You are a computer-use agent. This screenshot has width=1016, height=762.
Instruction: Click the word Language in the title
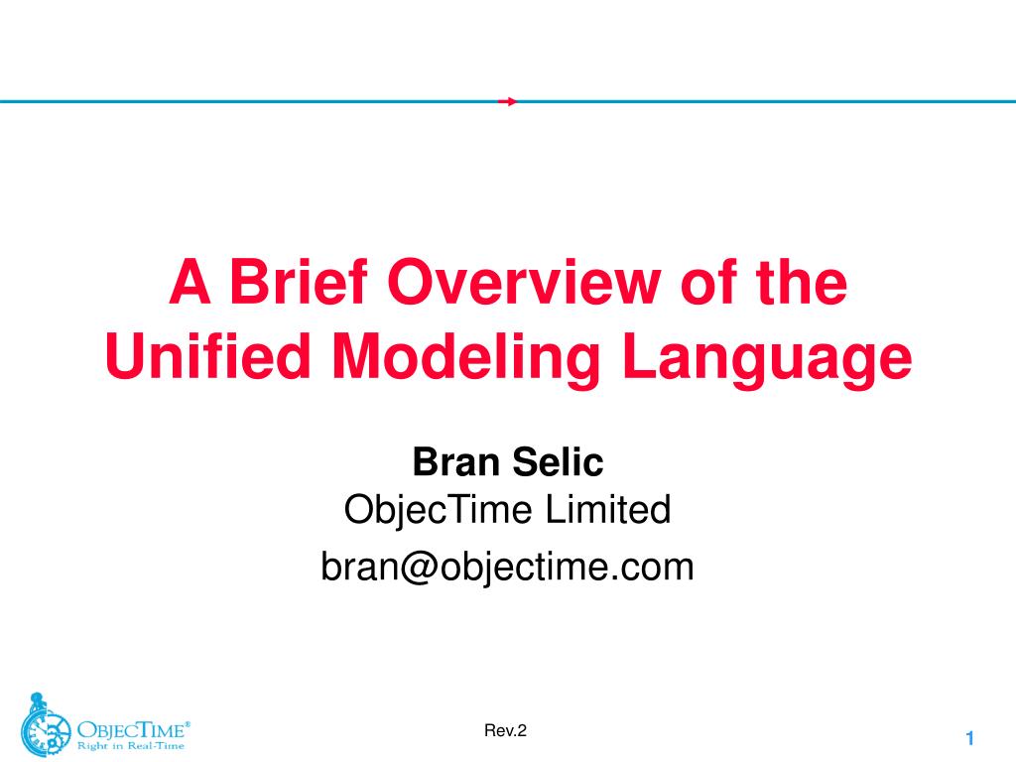point(767,359)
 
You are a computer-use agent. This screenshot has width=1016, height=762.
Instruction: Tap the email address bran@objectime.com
point(507,568)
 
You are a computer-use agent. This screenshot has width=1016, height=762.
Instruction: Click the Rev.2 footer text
point(505,731)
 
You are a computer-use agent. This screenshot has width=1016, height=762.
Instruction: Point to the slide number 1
point(971,738)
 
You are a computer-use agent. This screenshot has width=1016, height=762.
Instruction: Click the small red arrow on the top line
point(507,101)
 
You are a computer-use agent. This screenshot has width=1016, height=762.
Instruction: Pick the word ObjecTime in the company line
point(440,511)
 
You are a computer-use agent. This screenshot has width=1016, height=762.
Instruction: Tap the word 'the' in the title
point(803,284)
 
